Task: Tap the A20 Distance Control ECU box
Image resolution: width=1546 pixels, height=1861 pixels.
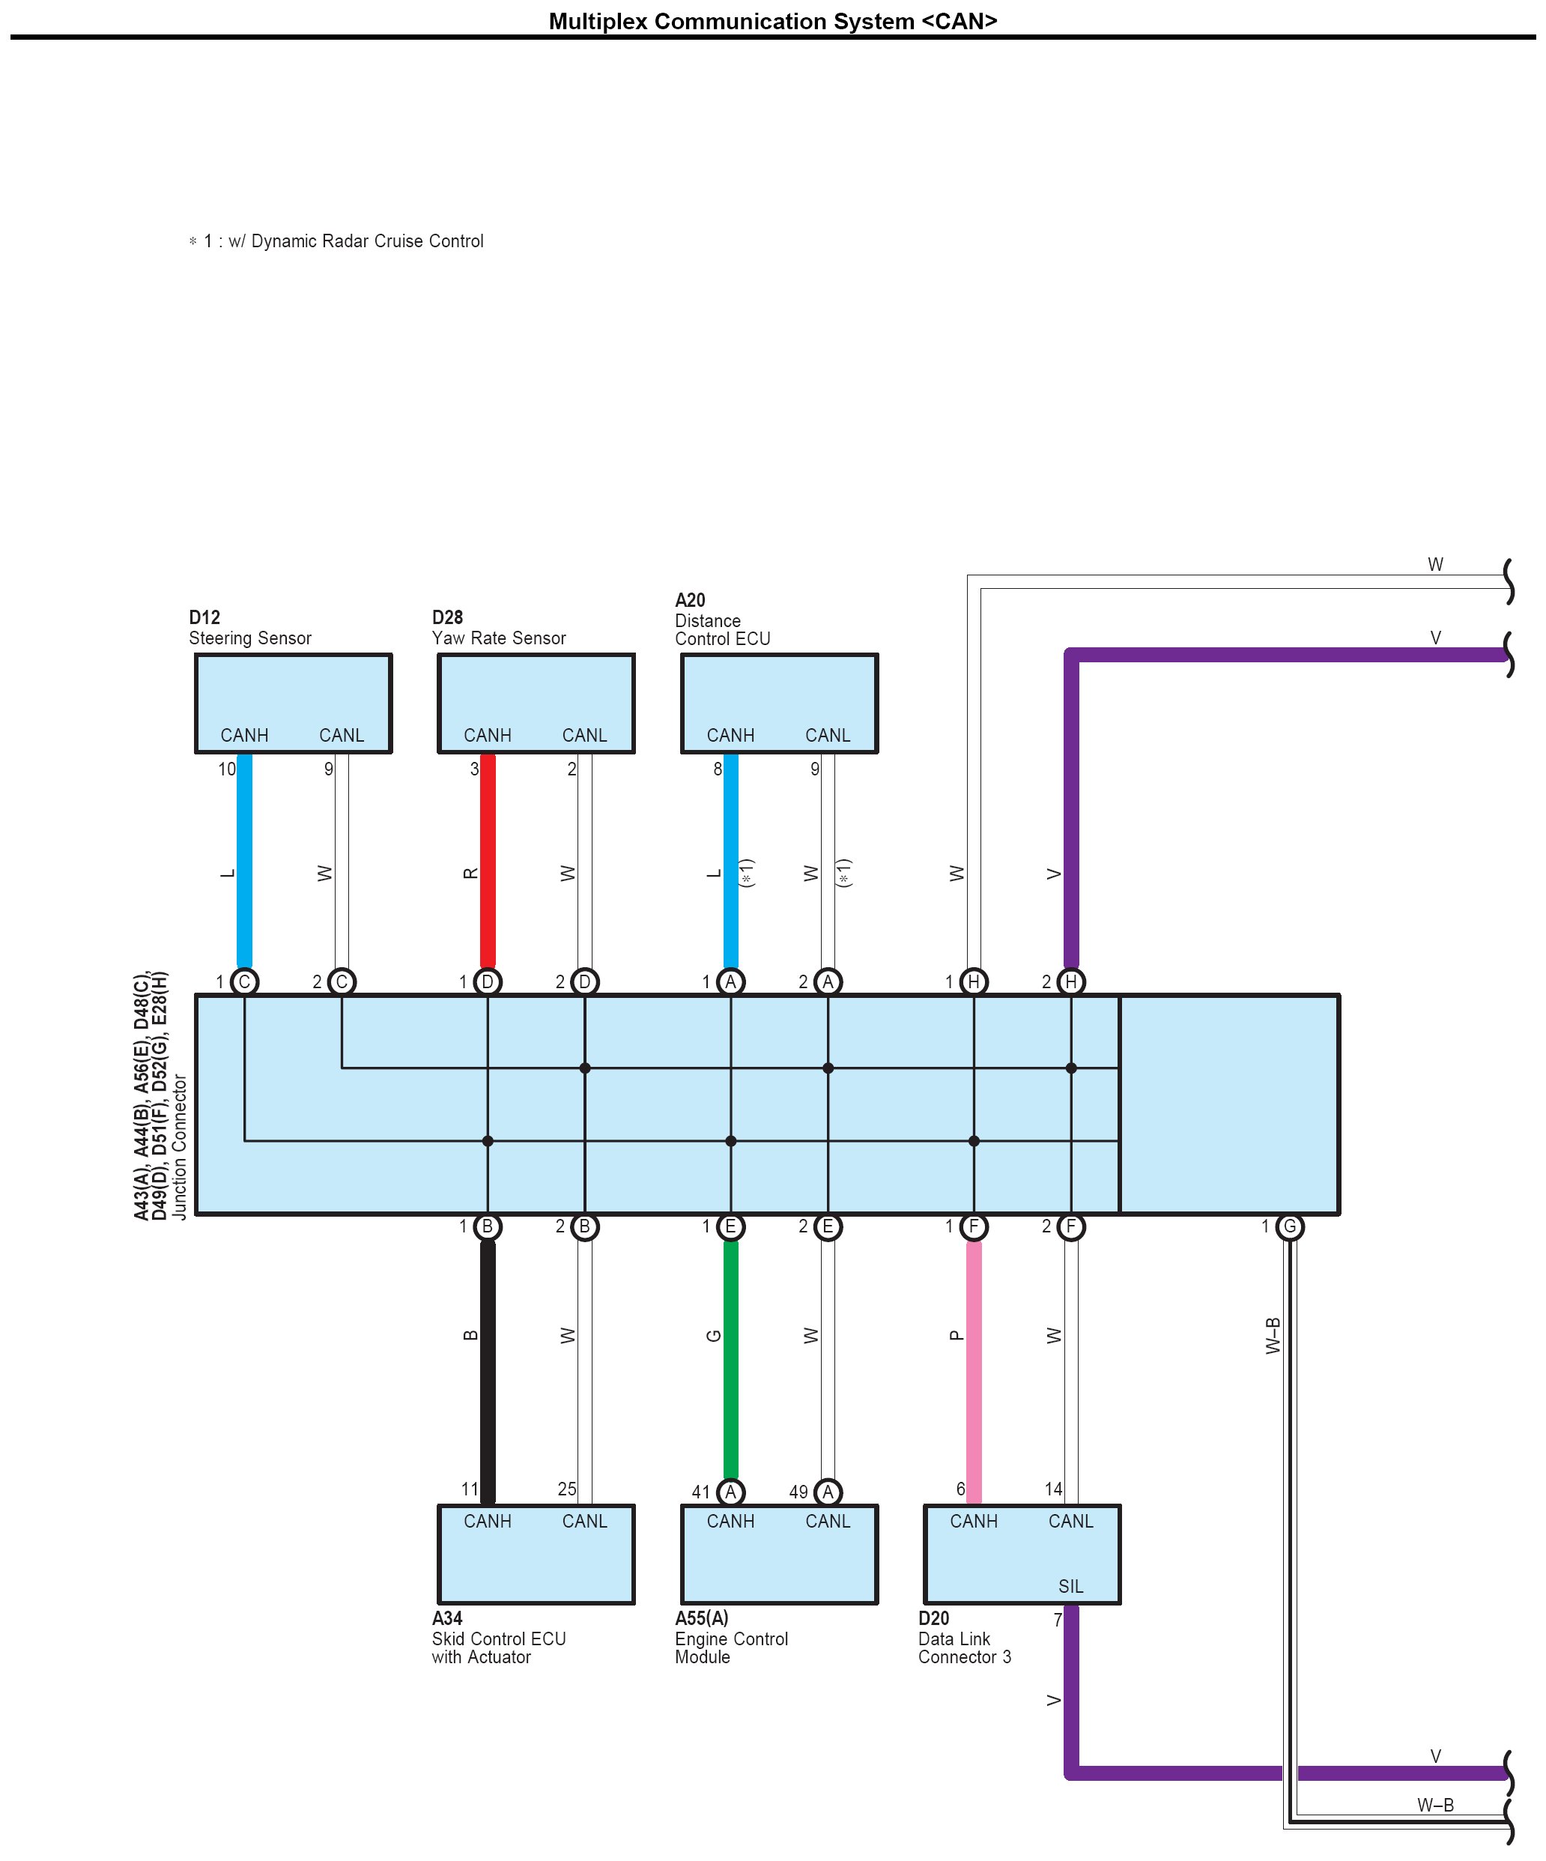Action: (x=779, y=703)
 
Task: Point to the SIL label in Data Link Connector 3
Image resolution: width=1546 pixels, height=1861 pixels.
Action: (x=1070, y=1586)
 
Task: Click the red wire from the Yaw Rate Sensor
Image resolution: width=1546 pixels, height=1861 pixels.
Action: (x=488, y=859)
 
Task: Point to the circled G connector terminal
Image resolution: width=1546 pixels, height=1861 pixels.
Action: (x=1289, y=1226)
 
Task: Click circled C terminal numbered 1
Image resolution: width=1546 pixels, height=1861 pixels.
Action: (x=244, y=981)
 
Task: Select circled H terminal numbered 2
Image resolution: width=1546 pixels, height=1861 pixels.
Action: (x=1070, y=981)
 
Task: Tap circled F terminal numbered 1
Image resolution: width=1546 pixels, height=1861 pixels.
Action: (x=974, y=1226)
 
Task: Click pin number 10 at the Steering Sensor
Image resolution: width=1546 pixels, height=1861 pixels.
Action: (x=227, y=769)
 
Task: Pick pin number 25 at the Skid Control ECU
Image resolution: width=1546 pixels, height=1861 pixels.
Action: (x=567, y=1489)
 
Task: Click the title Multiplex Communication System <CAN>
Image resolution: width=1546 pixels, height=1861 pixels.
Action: (x=772, y=20)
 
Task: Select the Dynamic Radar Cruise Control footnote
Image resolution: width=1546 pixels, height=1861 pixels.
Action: (x=336, y=241)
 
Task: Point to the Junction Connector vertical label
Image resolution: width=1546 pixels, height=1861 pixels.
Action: (x=180, y=1147)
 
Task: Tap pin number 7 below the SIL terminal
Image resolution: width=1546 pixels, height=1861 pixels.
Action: (x=1057, y=1620)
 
